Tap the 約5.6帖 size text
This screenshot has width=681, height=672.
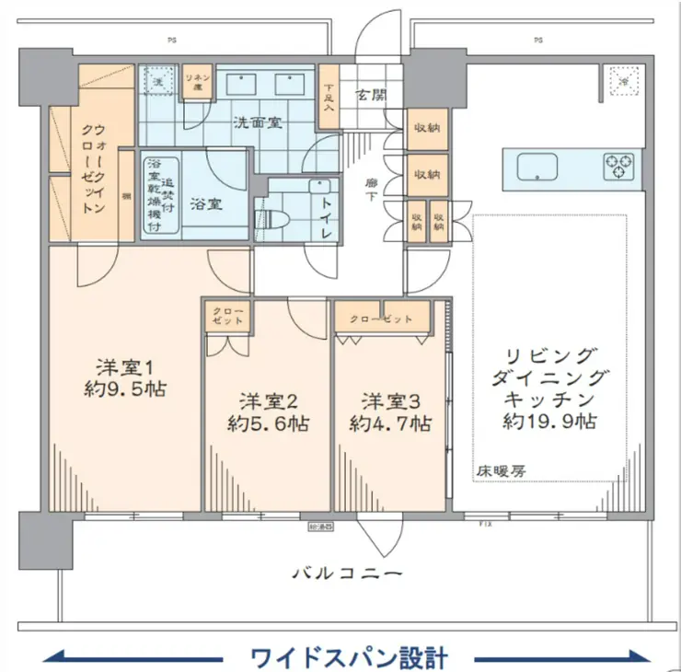tap(268, 424)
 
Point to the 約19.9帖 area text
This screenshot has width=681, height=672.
tap(551, 423)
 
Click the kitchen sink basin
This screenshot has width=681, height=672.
tap(536, 167)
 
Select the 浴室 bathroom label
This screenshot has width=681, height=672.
tap(204, 203)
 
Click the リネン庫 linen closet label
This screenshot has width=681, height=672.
tap(195, 81)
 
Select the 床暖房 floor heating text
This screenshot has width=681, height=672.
tap(501, 469)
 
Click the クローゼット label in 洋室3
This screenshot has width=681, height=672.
tap(380, 319)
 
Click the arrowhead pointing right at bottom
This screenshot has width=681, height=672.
tap(637, 656)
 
